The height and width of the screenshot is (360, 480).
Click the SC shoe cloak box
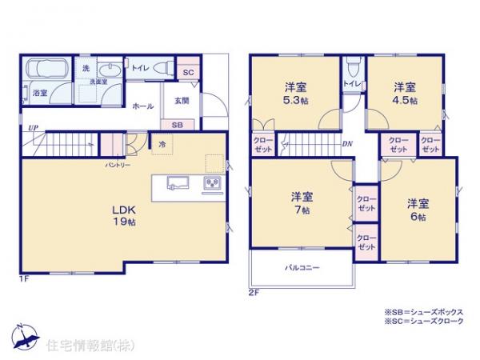click(189, 70)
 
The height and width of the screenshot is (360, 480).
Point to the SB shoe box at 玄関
click(176, 125)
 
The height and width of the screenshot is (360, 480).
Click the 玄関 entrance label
click(182, 100)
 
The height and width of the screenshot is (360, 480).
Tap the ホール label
click(143, 106)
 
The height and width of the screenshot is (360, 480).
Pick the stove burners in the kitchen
click(214, 184)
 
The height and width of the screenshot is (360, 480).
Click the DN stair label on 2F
click(347, 144)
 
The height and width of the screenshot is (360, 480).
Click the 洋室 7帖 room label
click(302, 202)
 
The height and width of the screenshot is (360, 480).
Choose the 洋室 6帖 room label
click(415, 210)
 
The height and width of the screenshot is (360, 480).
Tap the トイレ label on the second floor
click(350, 83)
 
